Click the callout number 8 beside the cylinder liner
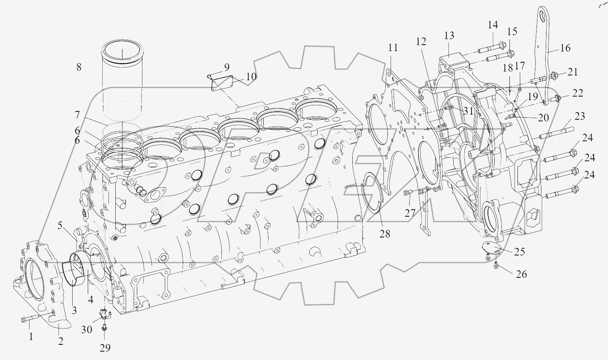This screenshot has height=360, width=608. click(79, 67)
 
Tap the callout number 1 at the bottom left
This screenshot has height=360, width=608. click(30, 337)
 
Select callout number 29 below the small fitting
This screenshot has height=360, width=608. click(105, 348)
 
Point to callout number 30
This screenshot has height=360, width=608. click(87, 329)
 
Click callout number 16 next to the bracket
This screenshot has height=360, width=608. click(565, 48)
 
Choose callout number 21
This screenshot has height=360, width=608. click(572, 72)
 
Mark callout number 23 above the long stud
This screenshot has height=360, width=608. click(579, 116)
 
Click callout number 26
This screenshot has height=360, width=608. click(521, 274)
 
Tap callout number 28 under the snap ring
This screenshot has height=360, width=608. click(385, 233)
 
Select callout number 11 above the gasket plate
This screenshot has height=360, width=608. click(393, 48)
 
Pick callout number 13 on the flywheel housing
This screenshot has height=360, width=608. click(449, 36)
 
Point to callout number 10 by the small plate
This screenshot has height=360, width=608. click(251, 77)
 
